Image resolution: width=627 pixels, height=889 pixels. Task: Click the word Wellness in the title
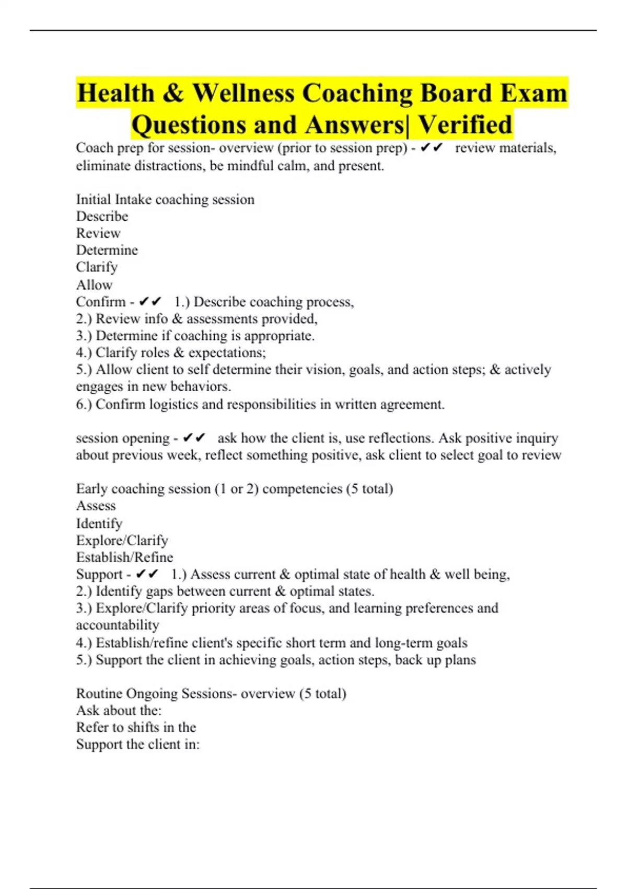pos(243,93)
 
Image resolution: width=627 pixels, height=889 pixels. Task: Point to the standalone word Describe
pos(102,216)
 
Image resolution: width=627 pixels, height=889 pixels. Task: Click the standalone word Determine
pos(107,250)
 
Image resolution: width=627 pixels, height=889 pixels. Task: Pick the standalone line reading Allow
pos(94,285)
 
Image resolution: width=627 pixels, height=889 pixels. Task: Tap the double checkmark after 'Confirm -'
pos(150,302)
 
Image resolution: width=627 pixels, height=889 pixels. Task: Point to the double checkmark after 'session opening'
pos(194,438)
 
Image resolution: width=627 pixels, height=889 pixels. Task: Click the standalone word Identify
pos(99,523)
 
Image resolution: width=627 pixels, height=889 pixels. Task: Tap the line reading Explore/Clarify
pos(122,540)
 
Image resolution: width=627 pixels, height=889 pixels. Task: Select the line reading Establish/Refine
pos(124,557)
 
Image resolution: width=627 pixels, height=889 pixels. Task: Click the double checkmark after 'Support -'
pos(147,574)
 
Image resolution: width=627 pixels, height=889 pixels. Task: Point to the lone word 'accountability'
pos(118,625)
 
